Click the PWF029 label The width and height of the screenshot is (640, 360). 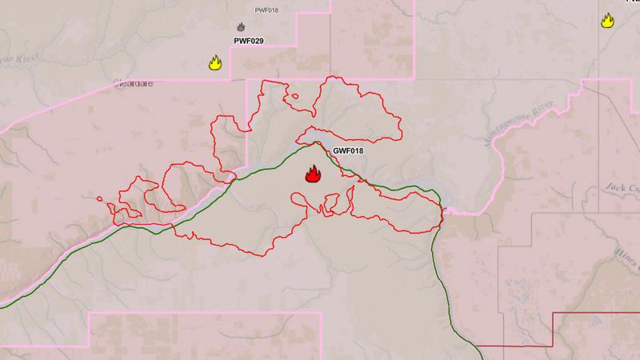pyautogui.click(x=249, y=40)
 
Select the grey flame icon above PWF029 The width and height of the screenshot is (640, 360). pyautogui.click(x=241, y=27)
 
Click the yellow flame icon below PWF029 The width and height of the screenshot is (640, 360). pyautogui.click(x=214, y=62)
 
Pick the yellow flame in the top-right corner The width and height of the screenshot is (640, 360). pyautogui.click(x=607, y=21)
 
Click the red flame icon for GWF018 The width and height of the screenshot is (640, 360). pyautogui.click(x=313, y=174)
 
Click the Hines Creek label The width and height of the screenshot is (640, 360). pyautogui.click(x=629, y=253)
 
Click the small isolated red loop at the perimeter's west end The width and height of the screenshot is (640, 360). pyautogui.click(x=98, y=199)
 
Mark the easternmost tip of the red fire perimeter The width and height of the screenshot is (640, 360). pyautogui.click(x=443, y=214)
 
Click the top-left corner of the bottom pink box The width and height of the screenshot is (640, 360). pyautogui.click(x=88, y=313)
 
